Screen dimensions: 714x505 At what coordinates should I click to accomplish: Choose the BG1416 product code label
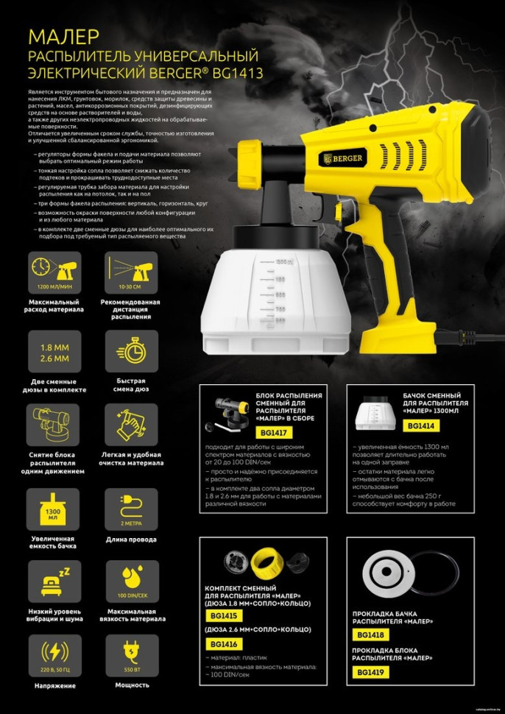(x=222, y=643)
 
